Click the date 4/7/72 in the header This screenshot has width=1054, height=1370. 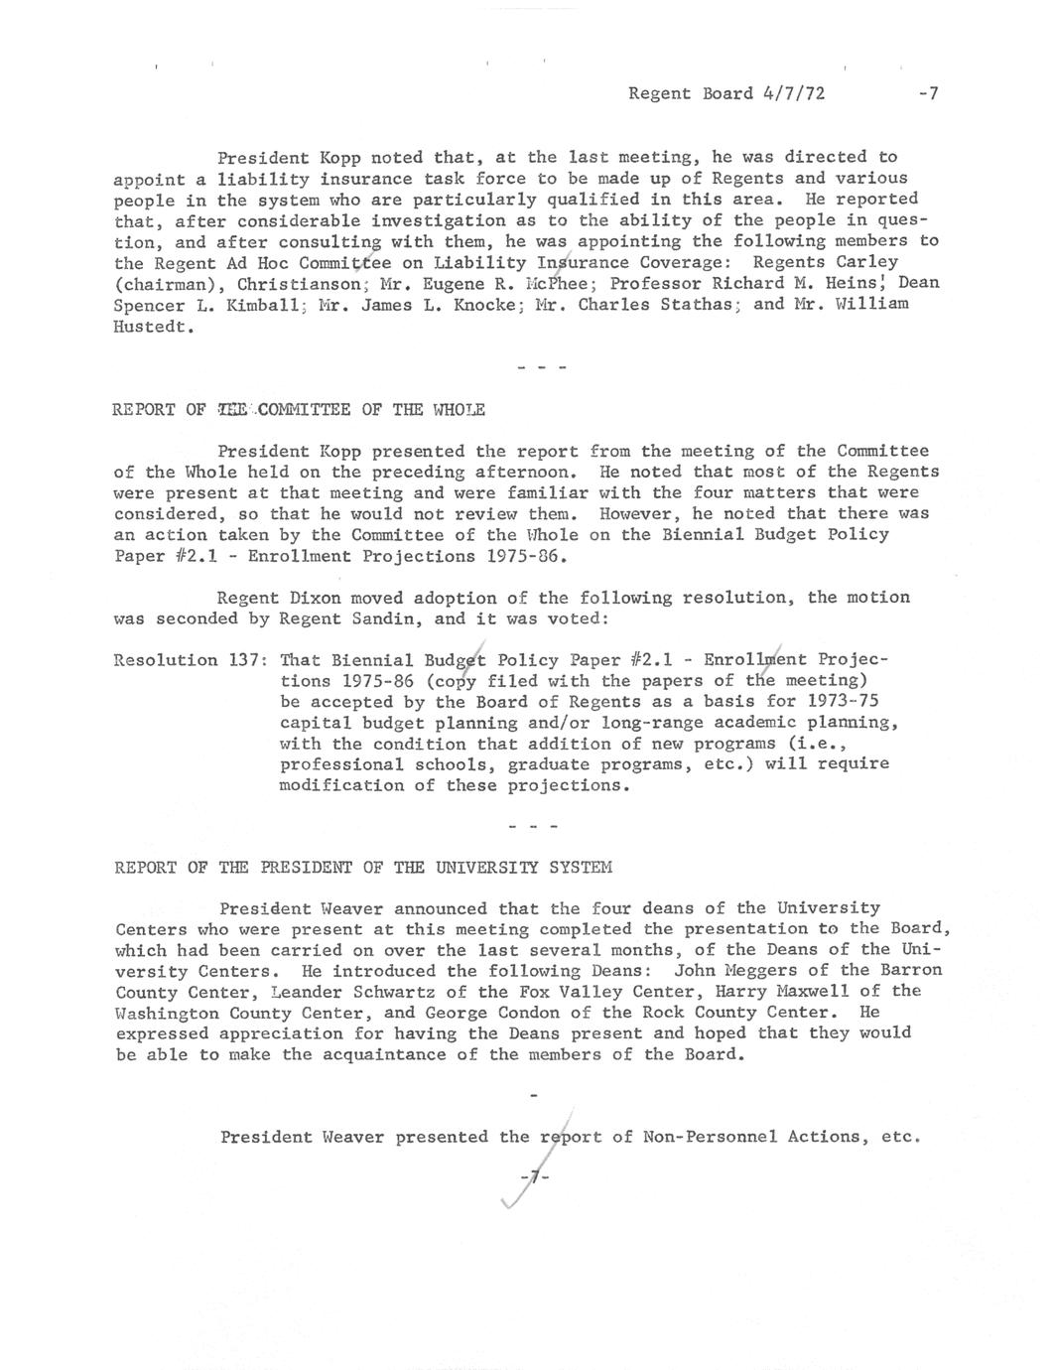pos(794,94)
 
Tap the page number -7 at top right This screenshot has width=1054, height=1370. pos(928,94)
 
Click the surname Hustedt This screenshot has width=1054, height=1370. pos(151,326)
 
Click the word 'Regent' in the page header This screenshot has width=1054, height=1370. pos(660,94)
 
